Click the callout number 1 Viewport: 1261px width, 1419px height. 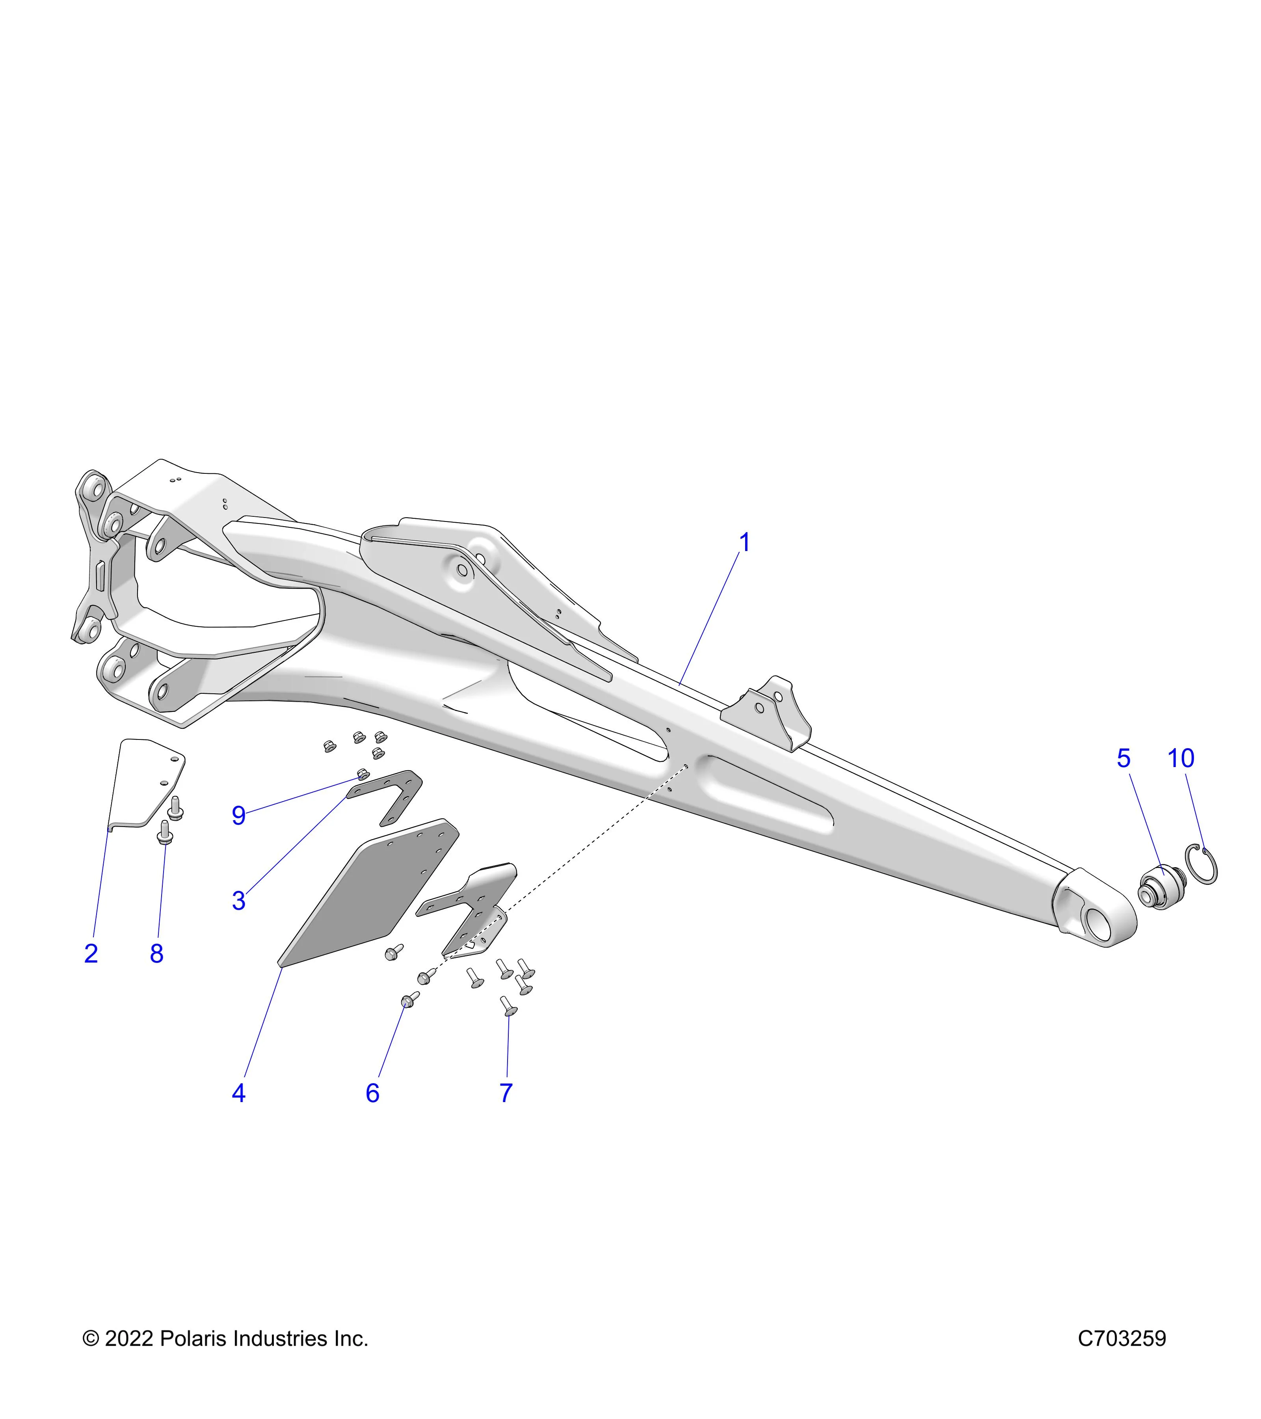(745, 543)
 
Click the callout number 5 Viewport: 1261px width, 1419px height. (1123, 758)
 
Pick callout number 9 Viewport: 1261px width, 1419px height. (239, 816)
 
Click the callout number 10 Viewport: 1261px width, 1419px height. (1181, 758)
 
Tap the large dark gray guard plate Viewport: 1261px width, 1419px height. (368, 893)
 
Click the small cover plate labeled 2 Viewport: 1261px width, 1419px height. (146, 784)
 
